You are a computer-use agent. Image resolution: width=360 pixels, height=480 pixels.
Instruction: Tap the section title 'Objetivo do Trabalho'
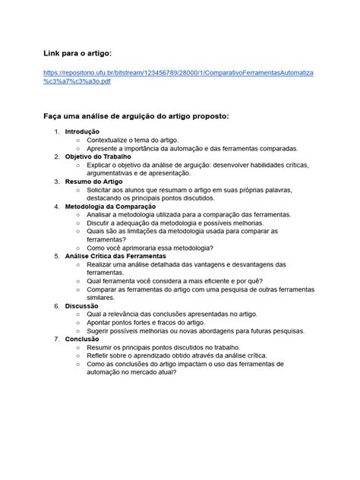[x=98, y=156]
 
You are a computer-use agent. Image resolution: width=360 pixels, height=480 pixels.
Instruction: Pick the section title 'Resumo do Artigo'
[x=93, y=182]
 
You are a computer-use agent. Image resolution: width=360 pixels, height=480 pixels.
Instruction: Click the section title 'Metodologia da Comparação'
[x=110, y=207]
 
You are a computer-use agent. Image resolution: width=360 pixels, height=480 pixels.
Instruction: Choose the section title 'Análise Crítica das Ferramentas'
[x=121, y=257]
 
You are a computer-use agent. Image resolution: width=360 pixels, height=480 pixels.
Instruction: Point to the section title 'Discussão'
[x=82, y=306]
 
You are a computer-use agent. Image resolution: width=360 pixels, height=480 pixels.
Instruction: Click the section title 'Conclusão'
[x=82, y=339]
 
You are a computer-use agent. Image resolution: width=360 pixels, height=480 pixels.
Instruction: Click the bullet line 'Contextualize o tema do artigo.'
[x=141, y=141]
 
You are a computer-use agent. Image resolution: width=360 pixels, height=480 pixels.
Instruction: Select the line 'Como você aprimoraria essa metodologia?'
[x=150, y=248]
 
